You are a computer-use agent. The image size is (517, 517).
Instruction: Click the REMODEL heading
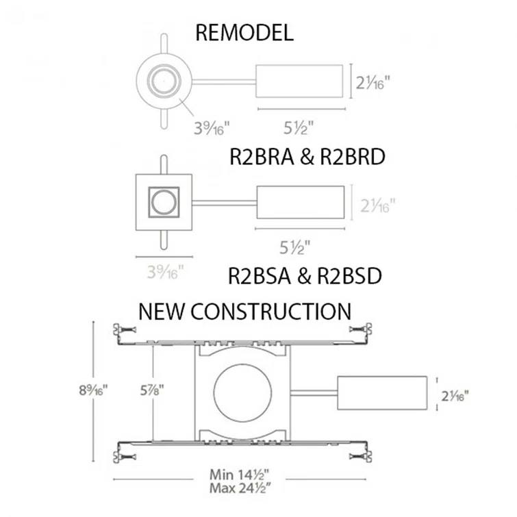coord(244,34)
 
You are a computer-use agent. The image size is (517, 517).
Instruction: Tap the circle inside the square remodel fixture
coord(163,202)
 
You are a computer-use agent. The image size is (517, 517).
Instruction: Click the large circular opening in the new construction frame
coord(242,393)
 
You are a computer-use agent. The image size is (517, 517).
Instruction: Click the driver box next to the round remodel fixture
coord(299,81)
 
